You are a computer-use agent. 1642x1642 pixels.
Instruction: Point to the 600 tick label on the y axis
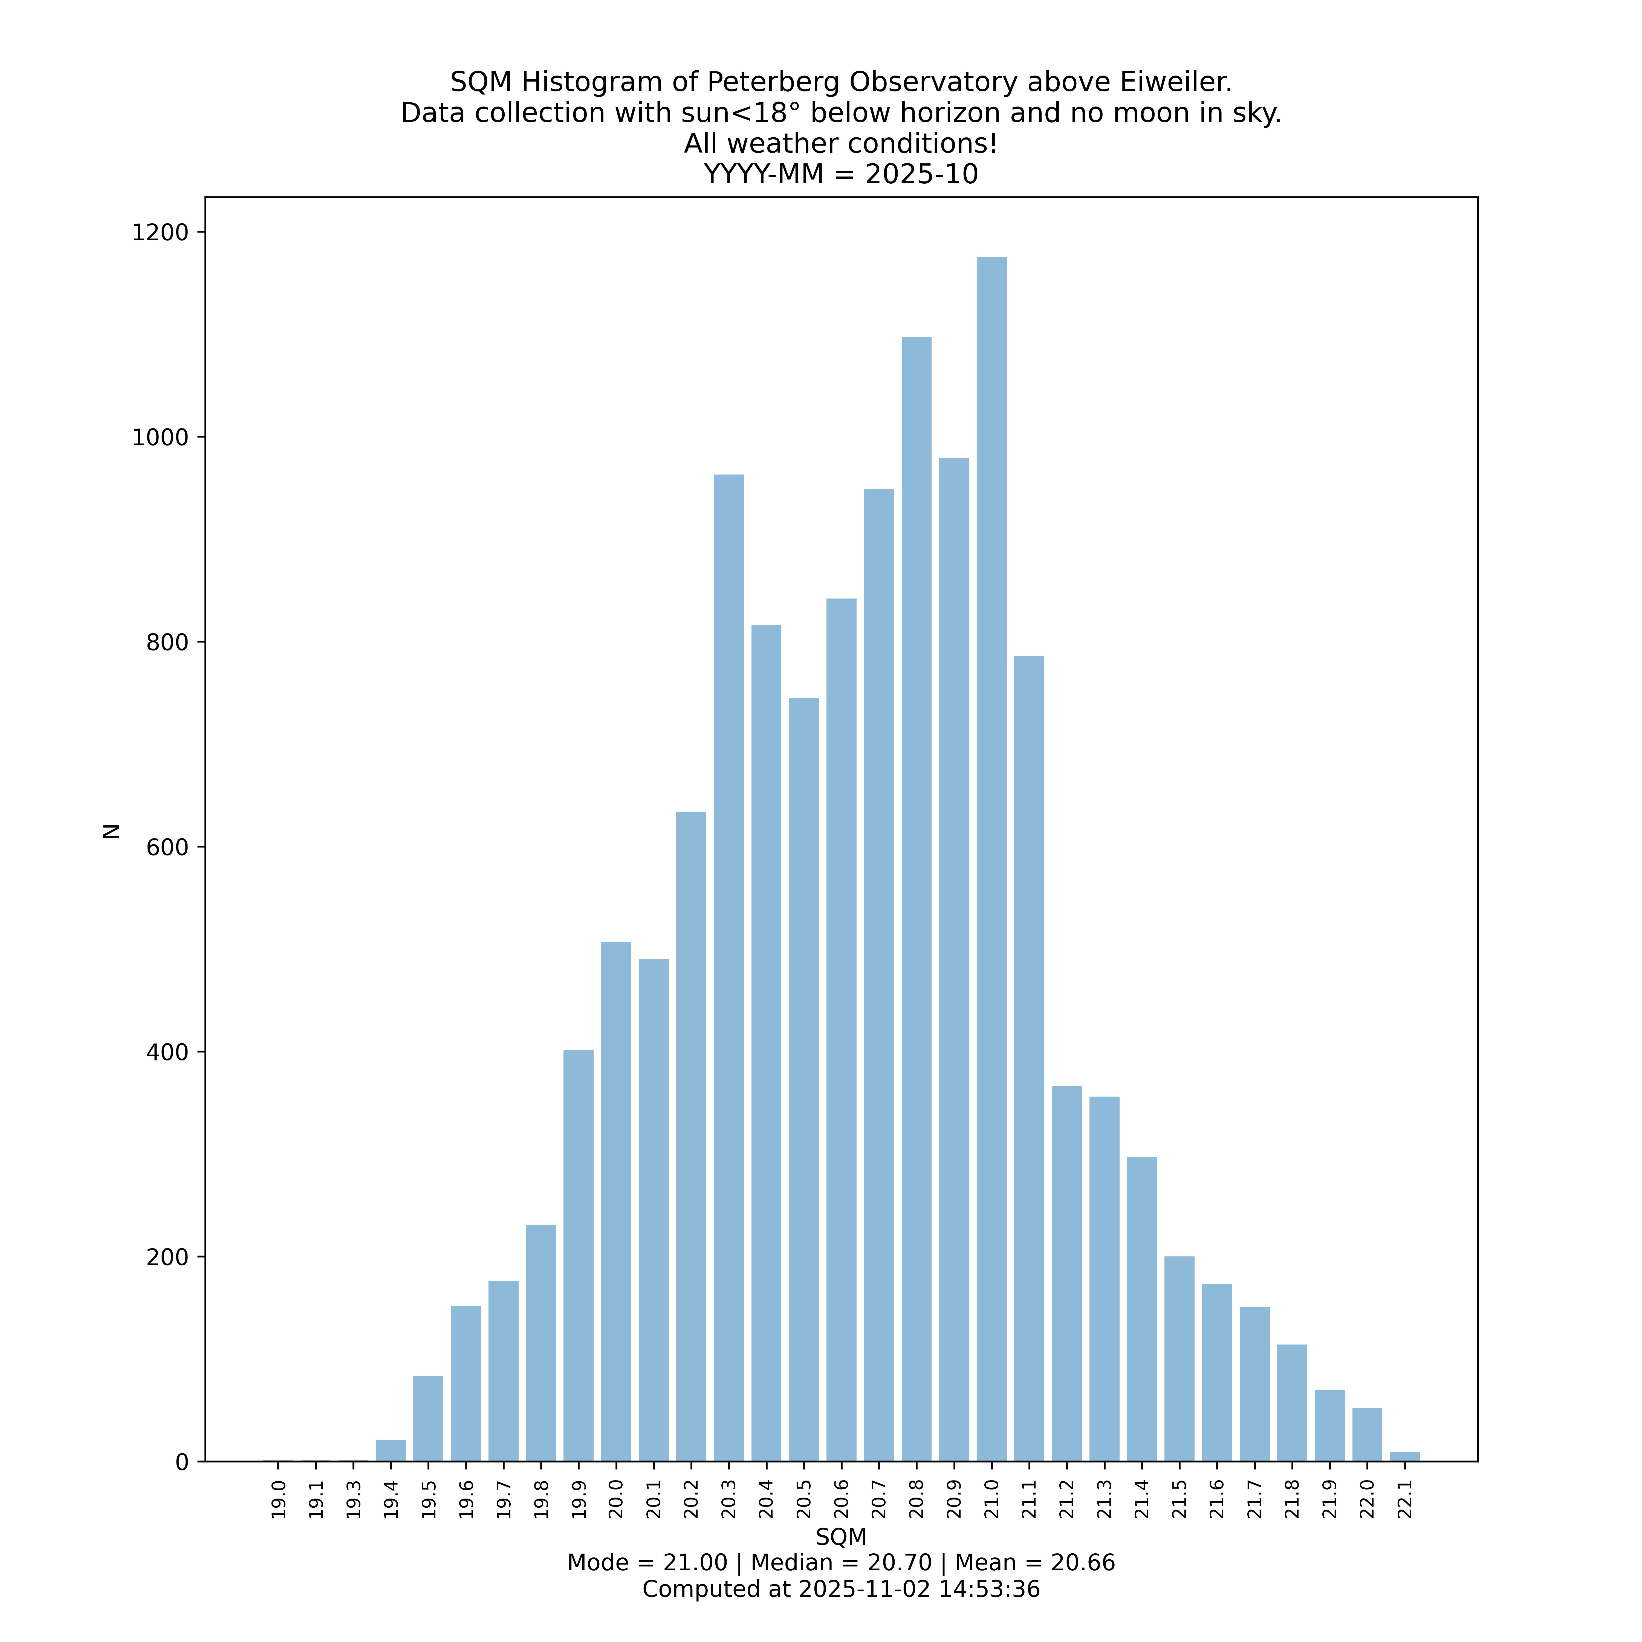coord(167,847)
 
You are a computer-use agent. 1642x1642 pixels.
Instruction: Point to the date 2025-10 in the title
coord(921,174)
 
